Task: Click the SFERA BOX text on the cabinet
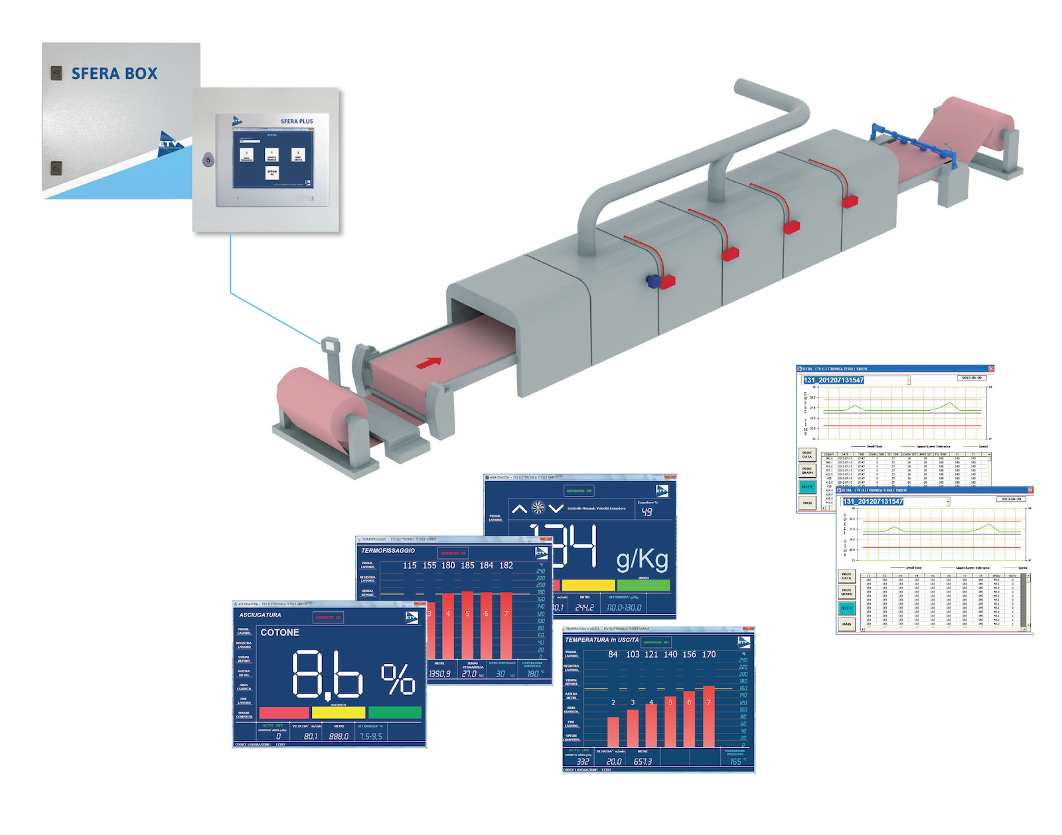[x=114, y=74]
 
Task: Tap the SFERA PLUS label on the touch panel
[x=296, y=121]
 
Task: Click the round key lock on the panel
[x=208, y=159]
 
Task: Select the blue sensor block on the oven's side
[x=653, y=281]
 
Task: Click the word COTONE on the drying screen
[x=279, y=633]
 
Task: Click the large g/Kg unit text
[x=642, y=560]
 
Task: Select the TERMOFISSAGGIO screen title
[x=388, y=550]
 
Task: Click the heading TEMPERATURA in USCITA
[x=601, y=640]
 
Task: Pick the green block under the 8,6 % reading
[x=395, y=712]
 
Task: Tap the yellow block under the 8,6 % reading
[x=339, y=712]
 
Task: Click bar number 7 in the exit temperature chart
[x=709, y=717]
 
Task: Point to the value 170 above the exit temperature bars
[x=709, y=654]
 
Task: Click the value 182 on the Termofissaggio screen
[x=506, y=566]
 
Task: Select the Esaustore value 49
[x=646, y=512]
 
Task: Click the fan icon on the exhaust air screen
[x=538, y=508]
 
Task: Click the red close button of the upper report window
[x=991, y=369]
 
